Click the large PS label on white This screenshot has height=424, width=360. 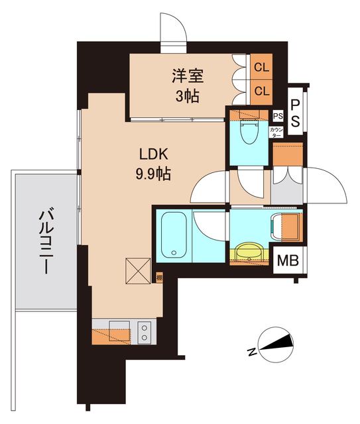point(296,113)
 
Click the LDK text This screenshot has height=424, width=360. point(155,156)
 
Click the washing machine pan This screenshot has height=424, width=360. point(286,227)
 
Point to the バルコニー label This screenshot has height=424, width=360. point(45,241)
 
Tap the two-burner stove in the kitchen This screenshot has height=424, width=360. point(145,329)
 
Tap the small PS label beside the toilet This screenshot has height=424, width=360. point(277,115)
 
